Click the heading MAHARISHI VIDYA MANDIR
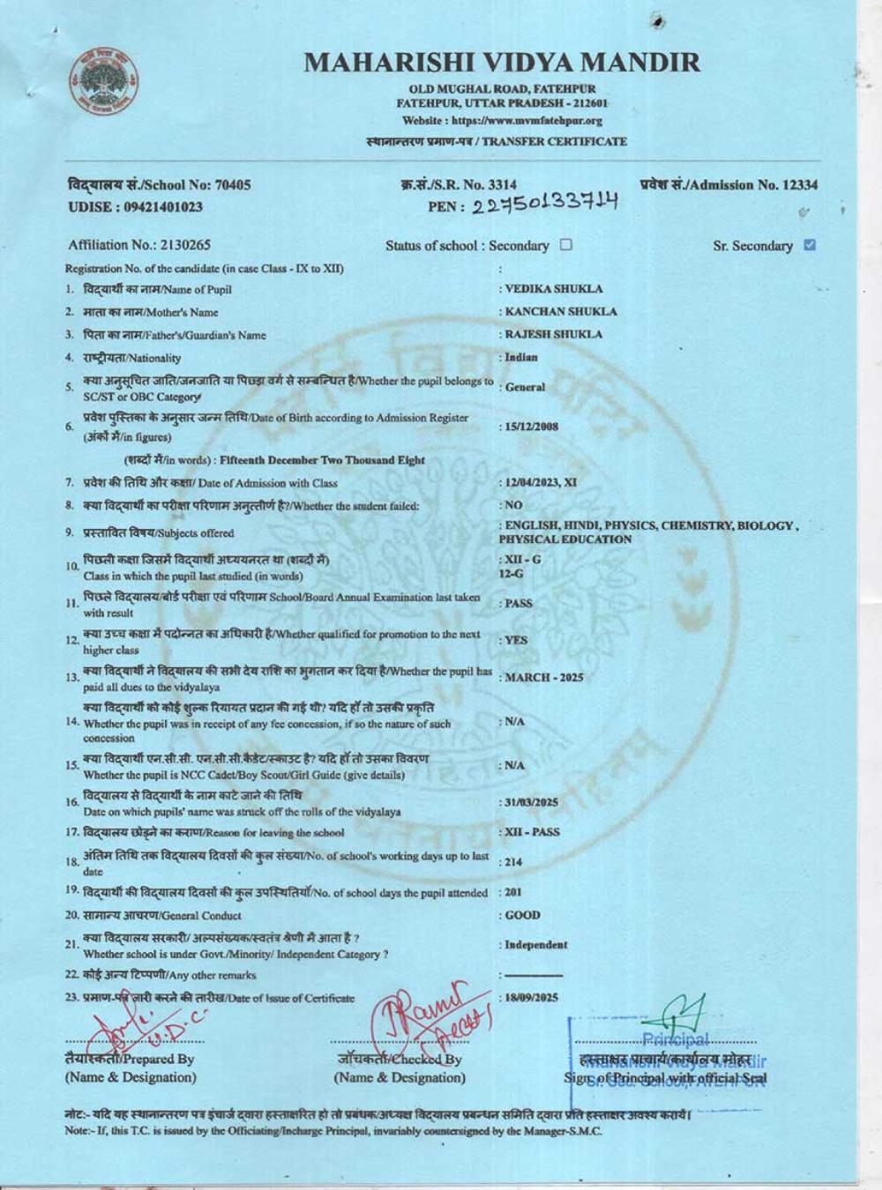tap(502, 63)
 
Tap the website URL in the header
tap(502, 121)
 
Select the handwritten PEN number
tap(544, 205)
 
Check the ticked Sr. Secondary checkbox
tap(810, 245)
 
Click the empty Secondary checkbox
tap(566, 245)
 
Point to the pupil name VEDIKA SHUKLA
tap(554, 288)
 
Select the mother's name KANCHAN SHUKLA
tap(561, 311)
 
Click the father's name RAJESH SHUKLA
tap(554, 334)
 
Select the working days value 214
tap(513, 862)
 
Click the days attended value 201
tap(513, 892)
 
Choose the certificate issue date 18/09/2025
tap(534, 998)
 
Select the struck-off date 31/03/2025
tap(532, 802)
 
